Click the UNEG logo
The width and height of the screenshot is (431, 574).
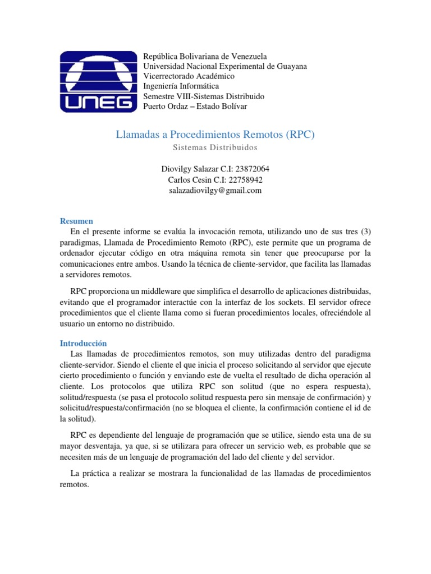(98, 81)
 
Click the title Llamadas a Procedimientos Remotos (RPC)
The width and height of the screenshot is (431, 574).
(215, 135)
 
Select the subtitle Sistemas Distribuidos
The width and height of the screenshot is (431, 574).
(215, 148)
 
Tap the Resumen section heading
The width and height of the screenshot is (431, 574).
(76, 221)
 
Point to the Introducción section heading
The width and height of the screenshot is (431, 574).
(83, 343)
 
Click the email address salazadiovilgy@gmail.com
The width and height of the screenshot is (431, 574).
(215, 191)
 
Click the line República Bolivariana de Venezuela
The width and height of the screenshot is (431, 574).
(205, 57)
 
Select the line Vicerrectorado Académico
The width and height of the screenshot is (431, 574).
(189, 76)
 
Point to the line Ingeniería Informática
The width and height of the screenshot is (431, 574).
(181, 86)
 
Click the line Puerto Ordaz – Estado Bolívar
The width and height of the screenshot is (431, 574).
(195, 107)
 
